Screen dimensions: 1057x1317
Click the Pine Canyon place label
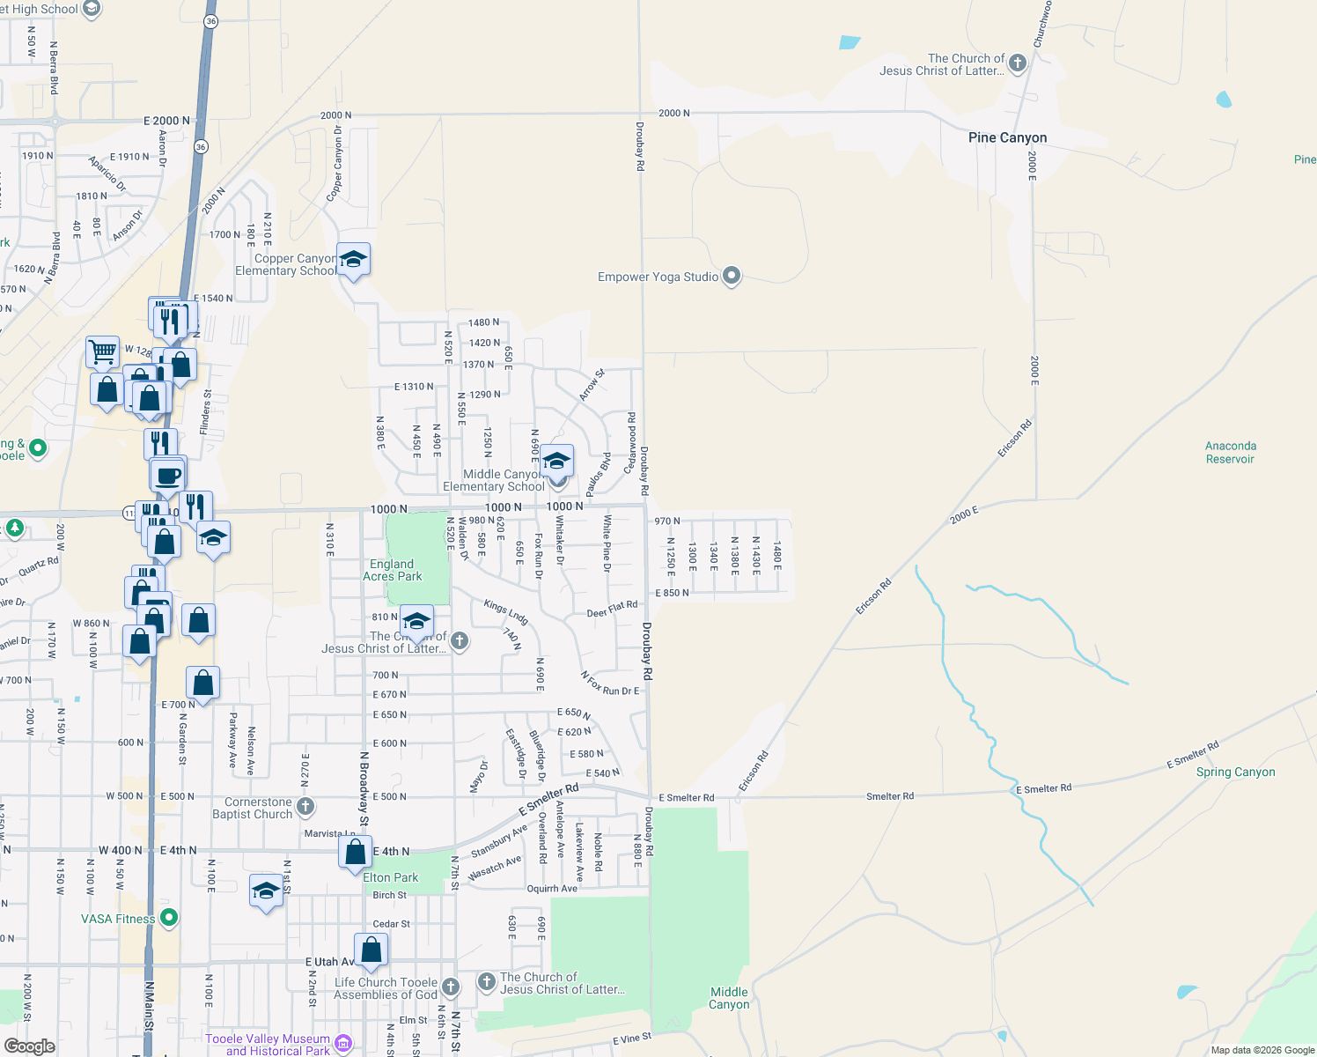click(x=1007, y=137)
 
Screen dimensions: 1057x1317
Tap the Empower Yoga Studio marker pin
click(x=732, y=277)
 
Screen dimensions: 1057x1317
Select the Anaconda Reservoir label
click(x=1230, y=453)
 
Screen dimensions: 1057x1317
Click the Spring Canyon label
click(x=1235, y=772)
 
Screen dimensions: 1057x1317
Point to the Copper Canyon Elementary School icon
click(x=353, y=259)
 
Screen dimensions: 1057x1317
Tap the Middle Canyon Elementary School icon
click(x=556, y=461)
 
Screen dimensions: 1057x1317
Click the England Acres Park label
click(x=393, y=570)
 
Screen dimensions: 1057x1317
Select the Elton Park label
click(x=391, y=877)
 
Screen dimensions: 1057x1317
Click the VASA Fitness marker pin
click(x=169, y=918)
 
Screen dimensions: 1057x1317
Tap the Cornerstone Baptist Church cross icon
click(x=305, y=806)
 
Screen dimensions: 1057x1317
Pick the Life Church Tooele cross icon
click(x=450, y=987)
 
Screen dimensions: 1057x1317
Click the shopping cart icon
click(x=102, y=351)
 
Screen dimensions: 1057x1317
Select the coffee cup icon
click(x=167, y=477)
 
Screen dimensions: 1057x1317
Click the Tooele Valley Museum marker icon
click(x=343, y=1044)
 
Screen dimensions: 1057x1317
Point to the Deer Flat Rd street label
click(x=612, y=609)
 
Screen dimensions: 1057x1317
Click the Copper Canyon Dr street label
click(x=335, y=163)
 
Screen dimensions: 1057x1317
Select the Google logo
click(x=29, y=1046)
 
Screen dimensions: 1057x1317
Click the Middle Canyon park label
click(x=729, y=998)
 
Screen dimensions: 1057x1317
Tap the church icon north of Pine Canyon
click(x=1018, y=63)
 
